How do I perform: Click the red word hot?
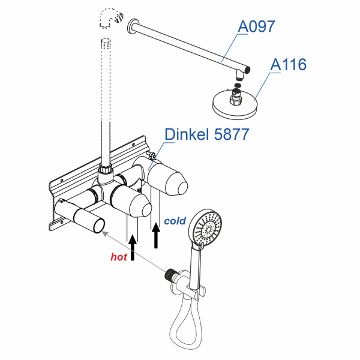119,256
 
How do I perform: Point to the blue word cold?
175,221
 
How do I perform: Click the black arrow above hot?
133,246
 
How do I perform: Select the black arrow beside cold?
157,234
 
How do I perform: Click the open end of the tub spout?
98,226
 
